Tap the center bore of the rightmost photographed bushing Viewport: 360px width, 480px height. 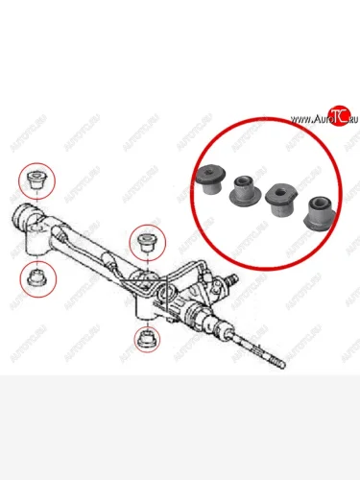tap(322, 204)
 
